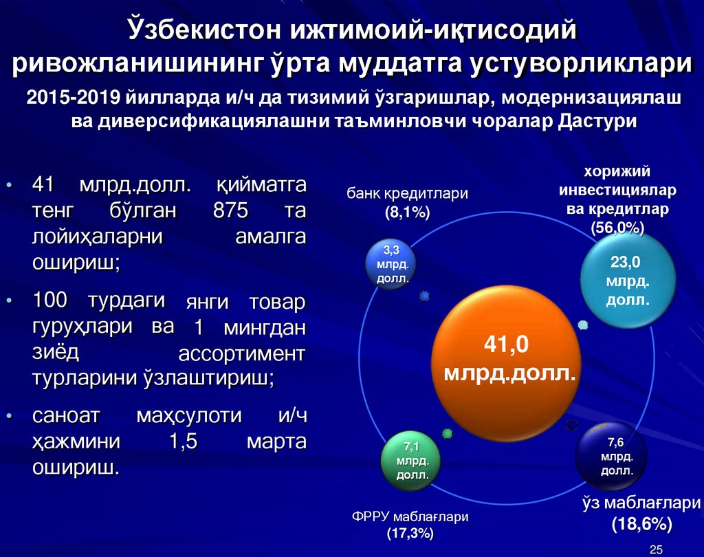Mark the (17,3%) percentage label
(410, 533)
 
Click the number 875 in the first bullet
(230, 210)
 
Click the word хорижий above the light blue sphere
(617, 171)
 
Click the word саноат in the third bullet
(67, 416)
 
